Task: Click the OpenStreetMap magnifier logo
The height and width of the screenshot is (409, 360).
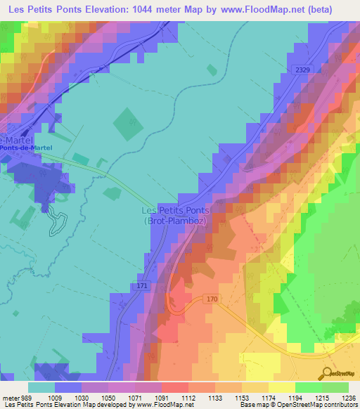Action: (x=328, y=373)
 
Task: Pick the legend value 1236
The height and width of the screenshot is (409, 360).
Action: (x=349, y=398)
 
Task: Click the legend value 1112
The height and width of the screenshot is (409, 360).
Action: (x=188, y=398)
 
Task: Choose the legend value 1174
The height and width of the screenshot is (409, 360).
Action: (x=269, y=398)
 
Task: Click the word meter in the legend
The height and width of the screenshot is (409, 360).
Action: (x=10, y=398)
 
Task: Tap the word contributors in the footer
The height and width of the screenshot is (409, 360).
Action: (x=340, y=405)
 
